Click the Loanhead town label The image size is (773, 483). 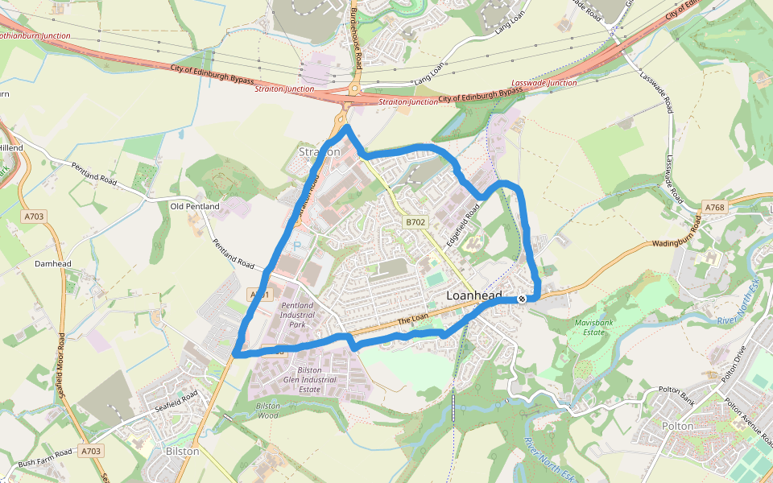(474, 295)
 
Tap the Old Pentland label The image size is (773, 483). (195, 207)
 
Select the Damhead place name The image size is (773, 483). (53, 263)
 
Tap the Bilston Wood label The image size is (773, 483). (267, 411)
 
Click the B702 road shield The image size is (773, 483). (415, 221)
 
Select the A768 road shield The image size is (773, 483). (715, 208)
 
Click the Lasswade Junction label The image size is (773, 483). (544, 83)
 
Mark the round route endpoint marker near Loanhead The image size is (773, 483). (522, 299)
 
